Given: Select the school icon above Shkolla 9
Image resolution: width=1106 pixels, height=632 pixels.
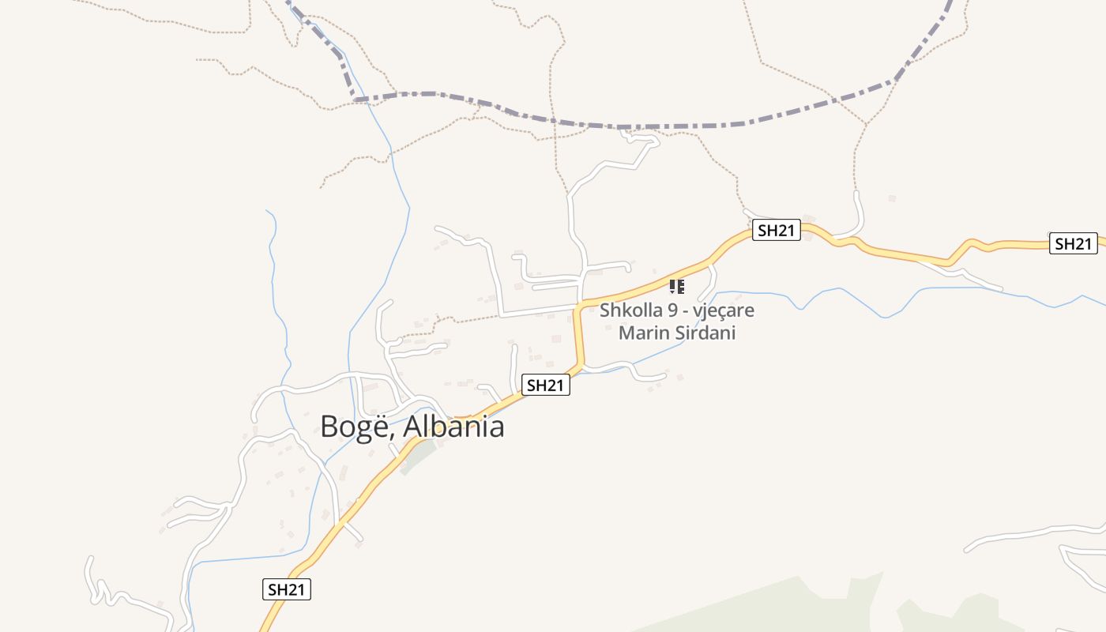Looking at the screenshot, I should click(676, 286).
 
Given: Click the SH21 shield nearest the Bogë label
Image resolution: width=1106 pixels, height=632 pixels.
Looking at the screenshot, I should click(546, 385).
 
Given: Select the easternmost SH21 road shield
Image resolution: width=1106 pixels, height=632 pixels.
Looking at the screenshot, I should click(1073, 243).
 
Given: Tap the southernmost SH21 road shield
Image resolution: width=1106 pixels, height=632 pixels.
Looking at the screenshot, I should click(287, 589).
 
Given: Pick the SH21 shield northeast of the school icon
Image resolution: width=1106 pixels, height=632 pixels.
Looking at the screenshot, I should click(777, 230).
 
